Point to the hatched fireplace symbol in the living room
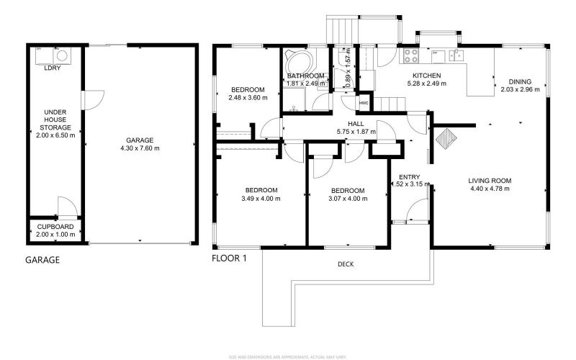(x=445, y=138)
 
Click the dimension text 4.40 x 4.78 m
(x=489, y=189)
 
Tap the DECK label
(x=346, y=264)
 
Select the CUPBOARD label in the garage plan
(x=55, y=226)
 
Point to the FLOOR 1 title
(x=228, y=258)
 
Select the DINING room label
(x=519, y=81)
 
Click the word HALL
(x=355, y=124)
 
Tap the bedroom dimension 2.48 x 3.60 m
(x=248, y=97)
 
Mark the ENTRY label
(x=409, y=176)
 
